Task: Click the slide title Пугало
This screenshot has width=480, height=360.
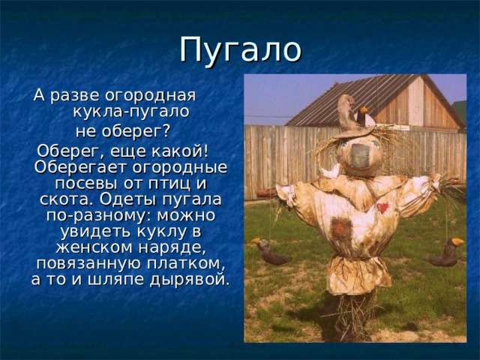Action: (x=240, y=49)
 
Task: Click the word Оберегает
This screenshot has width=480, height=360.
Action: (x=72, y=166)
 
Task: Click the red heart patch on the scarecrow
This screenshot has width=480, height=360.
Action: (x=382, y=207)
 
